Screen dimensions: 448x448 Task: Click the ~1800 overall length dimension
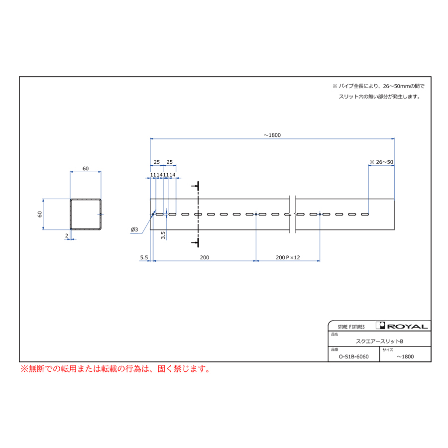point(272,135)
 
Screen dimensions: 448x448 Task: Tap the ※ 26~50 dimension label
point(381,162)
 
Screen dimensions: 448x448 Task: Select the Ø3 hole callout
point(134,229)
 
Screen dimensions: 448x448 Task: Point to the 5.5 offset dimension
point(144,257)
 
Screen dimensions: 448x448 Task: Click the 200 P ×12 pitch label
point(288,257)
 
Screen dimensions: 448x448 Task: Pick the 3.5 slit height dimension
point(163,235)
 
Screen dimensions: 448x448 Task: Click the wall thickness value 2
point(67,236)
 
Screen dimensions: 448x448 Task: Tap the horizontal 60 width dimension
point(86,169)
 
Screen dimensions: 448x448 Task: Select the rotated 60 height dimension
point(40,214)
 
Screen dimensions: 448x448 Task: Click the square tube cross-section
point(71,214)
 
